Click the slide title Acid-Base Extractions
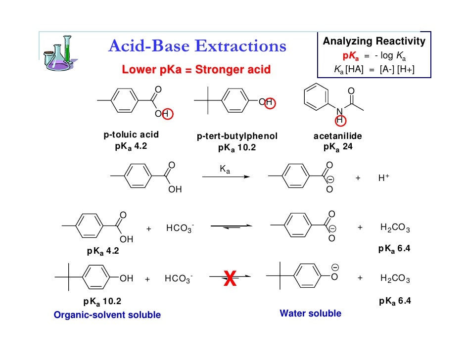[x=197, y=47]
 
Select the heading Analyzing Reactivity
[x=374, y=42]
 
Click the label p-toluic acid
[x=131, y=135]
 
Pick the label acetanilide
[x=338, y=136]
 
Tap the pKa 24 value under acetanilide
[x=338, y=147]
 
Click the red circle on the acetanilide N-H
[x=340, y=120]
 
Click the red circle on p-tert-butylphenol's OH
[x=270, y=102]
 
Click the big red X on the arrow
[x=230, y=280]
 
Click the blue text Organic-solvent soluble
[x=107, y=315]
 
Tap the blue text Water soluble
[x=310, y=313]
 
